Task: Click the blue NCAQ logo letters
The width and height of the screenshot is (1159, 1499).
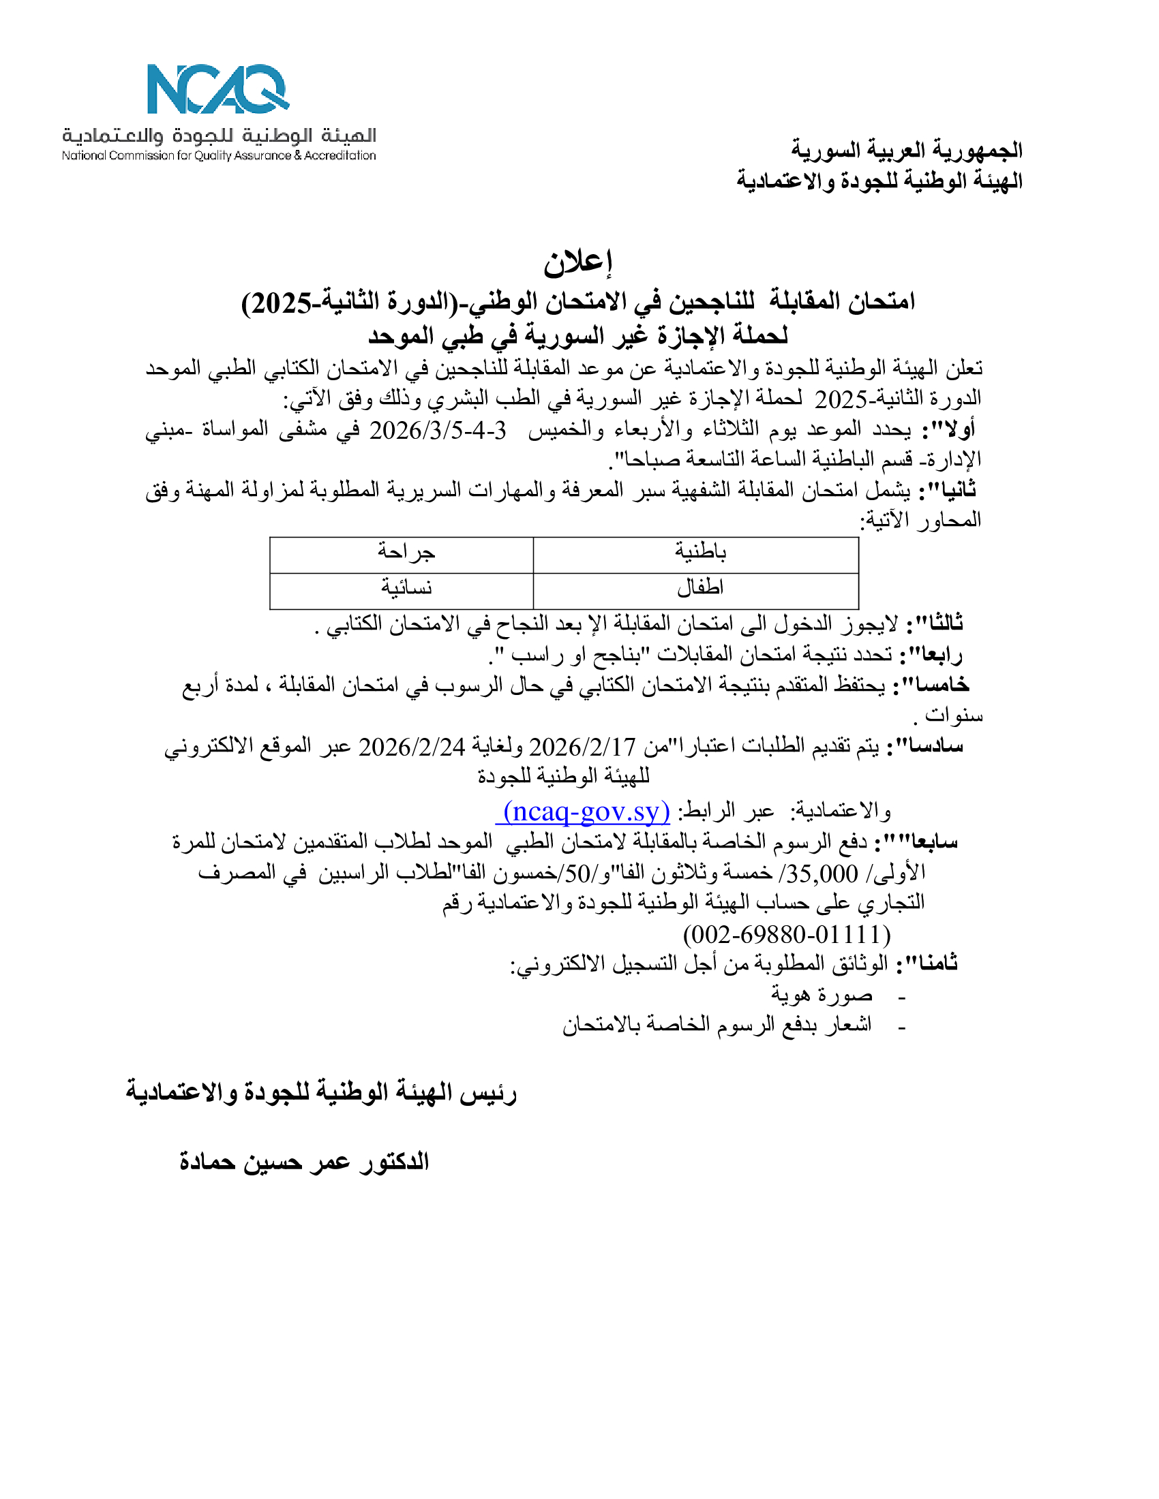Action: tap(217, 89)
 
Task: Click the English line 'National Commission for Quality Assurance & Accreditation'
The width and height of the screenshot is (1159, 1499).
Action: tap(218, 156)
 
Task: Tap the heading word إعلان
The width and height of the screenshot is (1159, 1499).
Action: tap(577, 262)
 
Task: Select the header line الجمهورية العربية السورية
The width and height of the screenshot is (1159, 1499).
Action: tap(906, 150)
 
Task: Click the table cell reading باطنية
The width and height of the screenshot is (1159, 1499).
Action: tap(699, 552)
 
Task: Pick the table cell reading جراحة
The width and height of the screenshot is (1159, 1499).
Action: tap(406, 552)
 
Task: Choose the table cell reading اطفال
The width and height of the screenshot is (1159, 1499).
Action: tap(699, 587)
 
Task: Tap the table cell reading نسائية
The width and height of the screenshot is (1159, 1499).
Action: tap(406, 587)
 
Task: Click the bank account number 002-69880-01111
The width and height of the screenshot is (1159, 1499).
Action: tap(787, 934)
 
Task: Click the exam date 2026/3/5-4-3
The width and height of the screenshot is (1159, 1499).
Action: tap(438, 431)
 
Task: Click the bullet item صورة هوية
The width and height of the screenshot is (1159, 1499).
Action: tap(822, 995)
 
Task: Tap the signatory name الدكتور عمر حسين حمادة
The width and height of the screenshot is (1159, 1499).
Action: tap(304, 1162)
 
